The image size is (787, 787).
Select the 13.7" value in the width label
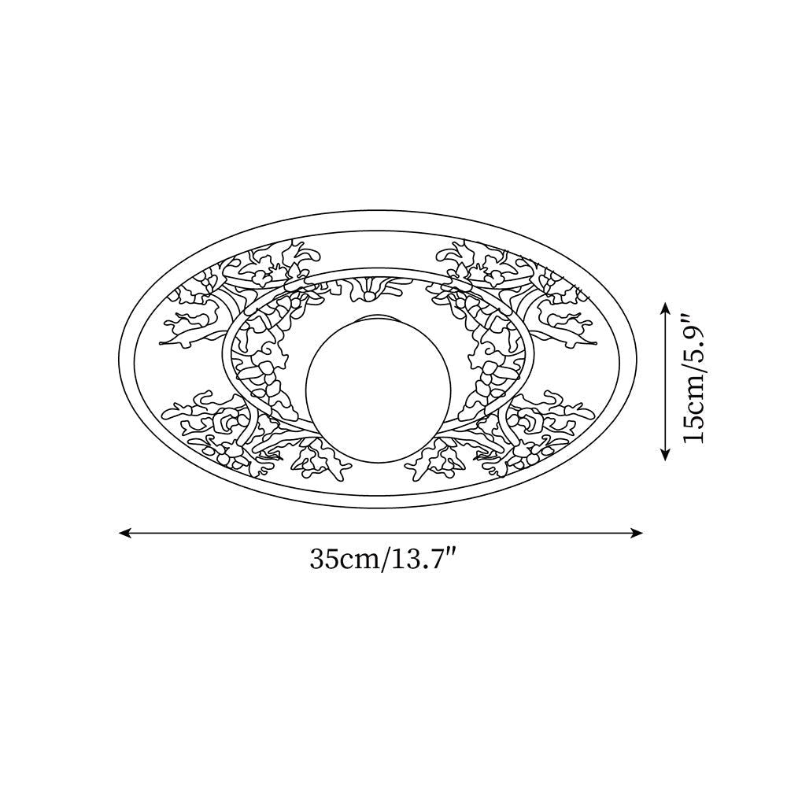[424, 560]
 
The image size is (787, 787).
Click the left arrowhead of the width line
[124, 533]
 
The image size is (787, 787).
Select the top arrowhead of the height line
[666, 308]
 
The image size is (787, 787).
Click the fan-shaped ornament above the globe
[367, 289]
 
